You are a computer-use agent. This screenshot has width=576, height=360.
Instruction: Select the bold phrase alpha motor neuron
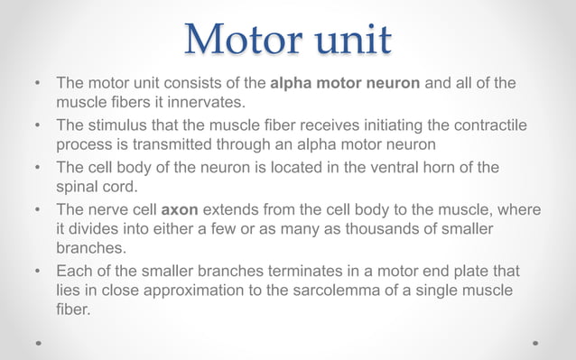[x=345, y=83]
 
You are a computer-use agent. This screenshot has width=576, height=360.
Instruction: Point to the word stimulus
[x=117, y=125]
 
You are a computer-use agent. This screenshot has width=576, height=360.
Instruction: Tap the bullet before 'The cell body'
[x=38, y=168]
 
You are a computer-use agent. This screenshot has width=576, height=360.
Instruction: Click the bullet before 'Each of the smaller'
[x=38, y=271]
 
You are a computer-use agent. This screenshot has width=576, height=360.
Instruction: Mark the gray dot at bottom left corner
[x=38, y=344]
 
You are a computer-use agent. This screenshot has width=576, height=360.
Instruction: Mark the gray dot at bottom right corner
[x=536, y=344]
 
